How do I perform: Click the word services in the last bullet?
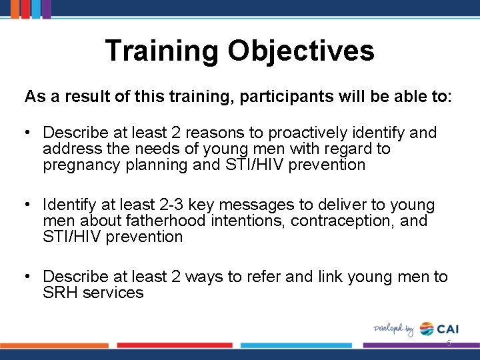[114, 293]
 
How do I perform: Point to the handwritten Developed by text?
[394, 329]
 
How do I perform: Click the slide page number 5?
[449, 343]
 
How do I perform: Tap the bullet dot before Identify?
[29, 205]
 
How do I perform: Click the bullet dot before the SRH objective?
[29, 277]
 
